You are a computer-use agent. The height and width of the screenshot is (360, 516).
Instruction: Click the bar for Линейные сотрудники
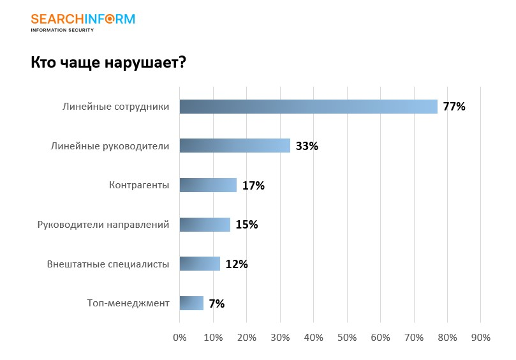(x=308, y=107)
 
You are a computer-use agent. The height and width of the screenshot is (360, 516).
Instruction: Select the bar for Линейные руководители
(x=235, y=146)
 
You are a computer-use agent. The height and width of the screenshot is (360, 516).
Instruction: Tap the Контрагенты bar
(x=208, y=185)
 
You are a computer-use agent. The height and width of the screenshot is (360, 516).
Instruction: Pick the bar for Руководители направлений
(x=205, y=224)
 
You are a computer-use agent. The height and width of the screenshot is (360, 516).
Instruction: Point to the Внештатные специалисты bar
(x=200, y=264)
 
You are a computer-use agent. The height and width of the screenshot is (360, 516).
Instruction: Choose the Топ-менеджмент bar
(x=191, y=303)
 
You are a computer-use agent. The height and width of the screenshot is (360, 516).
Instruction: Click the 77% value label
(x=454, y=107)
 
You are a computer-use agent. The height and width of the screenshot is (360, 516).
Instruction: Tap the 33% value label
(x=307, y=146)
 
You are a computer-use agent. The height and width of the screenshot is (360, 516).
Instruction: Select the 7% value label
(x=217, y=304)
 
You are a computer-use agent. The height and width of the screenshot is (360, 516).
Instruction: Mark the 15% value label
(x=246, y=225)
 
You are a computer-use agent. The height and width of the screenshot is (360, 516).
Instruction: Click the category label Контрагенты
(x=139, y=185)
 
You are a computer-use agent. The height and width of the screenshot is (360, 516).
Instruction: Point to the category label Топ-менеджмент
(x=128, y=303)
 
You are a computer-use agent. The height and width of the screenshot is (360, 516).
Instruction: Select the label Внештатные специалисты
(x=108, y=264)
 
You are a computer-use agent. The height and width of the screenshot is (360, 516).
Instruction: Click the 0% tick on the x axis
(x=180, y=337)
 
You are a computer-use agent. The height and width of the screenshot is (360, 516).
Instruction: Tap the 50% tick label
(x=347, y=337)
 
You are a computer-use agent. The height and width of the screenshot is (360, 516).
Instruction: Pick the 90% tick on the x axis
(x=481, y=337)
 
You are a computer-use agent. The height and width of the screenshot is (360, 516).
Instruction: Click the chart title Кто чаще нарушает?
(x=108, y=63)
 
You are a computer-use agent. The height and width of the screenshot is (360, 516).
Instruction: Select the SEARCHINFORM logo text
(x=83, y=19)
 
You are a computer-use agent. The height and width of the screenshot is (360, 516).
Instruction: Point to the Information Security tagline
(x=63, y=30)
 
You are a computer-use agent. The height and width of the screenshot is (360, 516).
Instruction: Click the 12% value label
(x=237, y=264)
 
